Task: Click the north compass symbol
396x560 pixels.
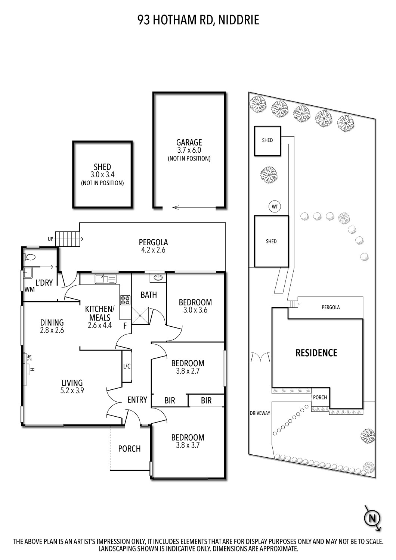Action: (x=372, y=518)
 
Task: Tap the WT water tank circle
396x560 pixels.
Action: (x=275, y=206)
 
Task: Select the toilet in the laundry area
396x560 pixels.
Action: (x=30, y=257)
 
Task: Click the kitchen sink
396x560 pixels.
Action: (x=106, y=279)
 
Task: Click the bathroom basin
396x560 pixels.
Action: (x=158, y=277)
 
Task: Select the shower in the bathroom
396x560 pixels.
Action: (x=140, y=315)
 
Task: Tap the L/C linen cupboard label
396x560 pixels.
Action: (x=127, y=366)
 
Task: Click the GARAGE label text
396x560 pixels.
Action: (x=189, y=142)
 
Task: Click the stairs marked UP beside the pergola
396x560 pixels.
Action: (x=68, y=239)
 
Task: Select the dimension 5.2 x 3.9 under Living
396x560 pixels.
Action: (x=72, y=391)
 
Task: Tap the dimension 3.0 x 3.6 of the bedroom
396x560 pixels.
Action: (x=195, y=310)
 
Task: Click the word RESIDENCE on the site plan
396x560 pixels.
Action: (x=316, y=353)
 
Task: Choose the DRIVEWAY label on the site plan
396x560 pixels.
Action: (x=260, y=413)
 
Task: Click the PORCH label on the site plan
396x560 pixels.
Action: (x=320, y=397)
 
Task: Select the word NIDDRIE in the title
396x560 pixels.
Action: (x=237, y=20)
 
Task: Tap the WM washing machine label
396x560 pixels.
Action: (x=30, y=289)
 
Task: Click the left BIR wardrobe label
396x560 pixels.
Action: (x=170, y=401)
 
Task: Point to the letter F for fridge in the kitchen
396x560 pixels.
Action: (x=125, y=326)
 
